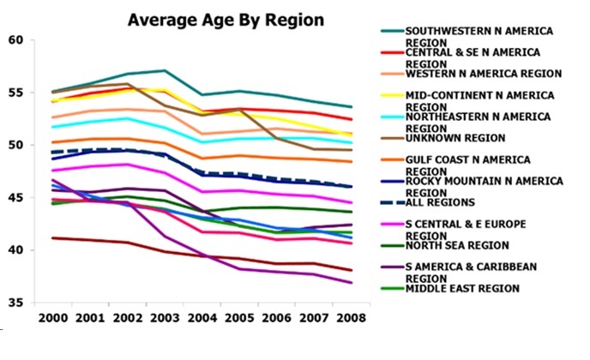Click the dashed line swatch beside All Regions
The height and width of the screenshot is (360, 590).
point(392,202)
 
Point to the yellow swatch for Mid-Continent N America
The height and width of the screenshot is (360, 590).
point(392,95)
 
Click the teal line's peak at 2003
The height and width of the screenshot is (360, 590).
point(164,70)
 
